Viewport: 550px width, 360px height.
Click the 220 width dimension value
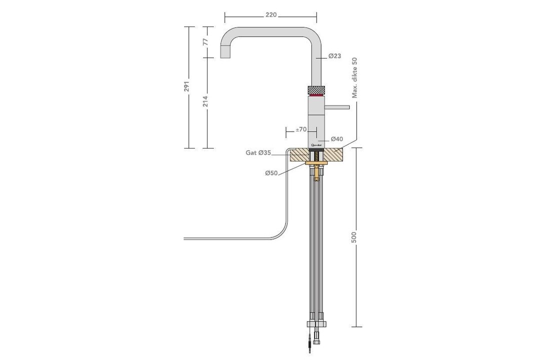(270, 15)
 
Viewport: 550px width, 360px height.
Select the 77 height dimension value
(205, 42)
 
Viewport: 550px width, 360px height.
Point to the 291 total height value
(187, 86)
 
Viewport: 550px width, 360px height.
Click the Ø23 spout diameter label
(334, 56)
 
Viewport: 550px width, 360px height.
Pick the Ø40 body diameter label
(336, 138)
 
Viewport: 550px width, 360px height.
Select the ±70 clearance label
(300, 129)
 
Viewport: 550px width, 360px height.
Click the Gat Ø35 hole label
(258, 152)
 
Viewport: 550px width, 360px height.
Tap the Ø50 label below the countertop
(271, 173)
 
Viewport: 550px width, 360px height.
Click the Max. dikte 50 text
(355, 77)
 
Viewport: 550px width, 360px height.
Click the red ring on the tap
(316, 95)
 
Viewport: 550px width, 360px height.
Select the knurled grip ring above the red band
(316, 89)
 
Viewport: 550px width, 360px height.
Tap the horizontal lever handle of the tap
(337, 106)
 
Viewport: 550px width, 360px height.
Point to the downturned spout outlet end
(224, 52)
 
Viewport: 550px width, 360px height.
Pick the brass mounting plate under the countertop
(316, 163)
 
